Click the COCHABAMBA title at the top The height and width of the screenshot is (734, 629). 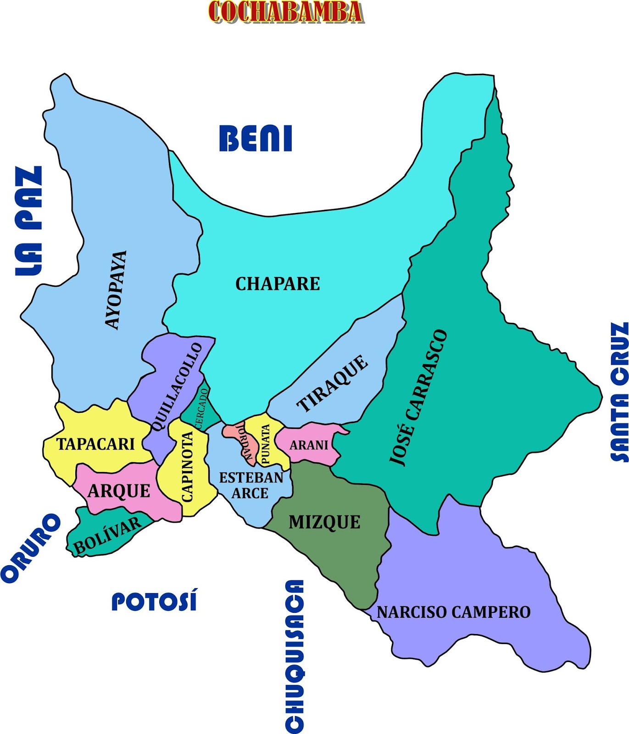pos(285,12)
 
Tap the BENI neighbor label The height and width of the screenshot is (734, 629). pos(256,138)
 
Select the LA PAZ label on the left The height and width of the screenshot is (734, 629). pos(28,221)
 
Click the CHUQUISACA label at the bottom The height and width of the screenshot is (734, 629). pos(294,656)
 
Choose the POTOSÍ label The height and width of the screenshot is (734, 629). pos(155,601)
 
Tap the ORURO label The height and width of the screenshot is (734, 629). pos(31,548)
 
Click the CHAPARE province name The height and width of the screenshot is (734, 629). pos(278,284)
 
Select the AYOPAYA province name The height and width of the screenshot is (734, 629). pos(115,290)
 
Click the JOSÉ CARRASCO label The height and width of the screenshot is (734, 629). pos(418,397)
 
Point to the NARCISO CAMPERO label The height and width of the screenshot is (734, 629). pos(453,612)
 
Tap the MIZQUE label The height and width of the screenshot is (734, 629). pos(324,522)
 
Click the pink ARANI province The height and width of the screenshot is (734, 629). pos(309,445)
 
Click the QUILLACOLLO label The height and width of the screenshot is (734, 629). pos(176,387)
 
